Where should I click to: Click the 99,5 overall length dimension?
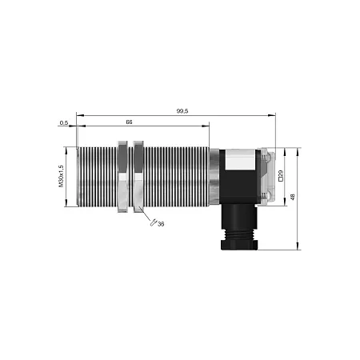click(x=182, y=111)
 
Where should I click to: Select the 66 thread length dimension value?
click(x=129, y=122)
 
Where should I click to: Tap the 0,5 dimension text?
click(x=64, y=123)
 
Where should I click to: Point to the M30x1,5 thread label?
click(x=62, y=176)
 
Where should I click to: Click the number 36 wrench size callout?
click(x=161, y=224)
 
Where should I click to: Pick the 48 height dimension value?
click(x=293, y=198)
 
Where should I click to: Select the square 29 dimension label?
click(x=281, y=176)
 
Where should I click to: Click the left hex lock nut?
click(x=123, y=177)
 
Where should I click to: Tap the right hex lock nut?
click(x=138, y=177)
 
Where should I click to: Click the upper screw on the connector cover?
click(x=266, y=158)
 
